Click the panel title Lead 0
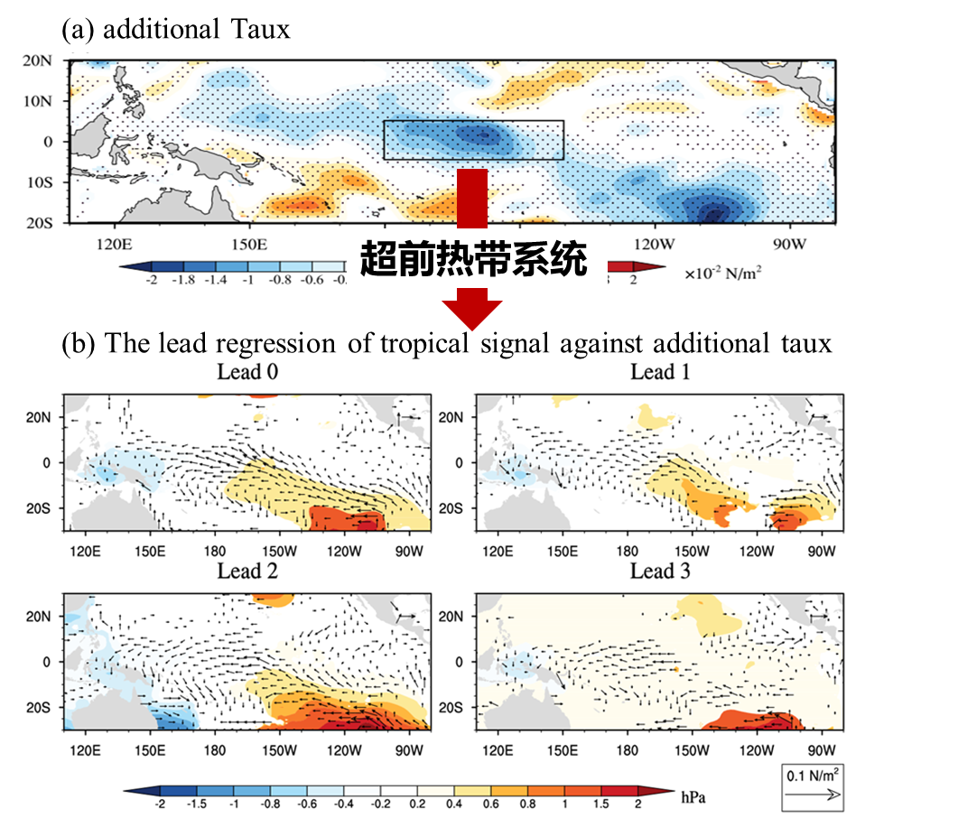[x=247, y=372]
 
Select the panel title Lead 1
[x=660, y=372]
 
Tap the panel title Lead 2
[x=247, y=572]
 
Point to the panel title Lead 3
[x=660, y=572]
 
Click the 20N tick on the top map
[x=38, y=60]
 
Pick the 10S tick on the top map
[x=38, y=181]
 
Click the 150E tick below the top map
[x=249, y=244]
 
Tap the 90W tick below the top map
[x=789, y=244]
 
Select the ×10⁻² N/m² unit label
[x=722, y=272]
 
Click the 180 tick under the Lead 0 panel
[x=214, y=551]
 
